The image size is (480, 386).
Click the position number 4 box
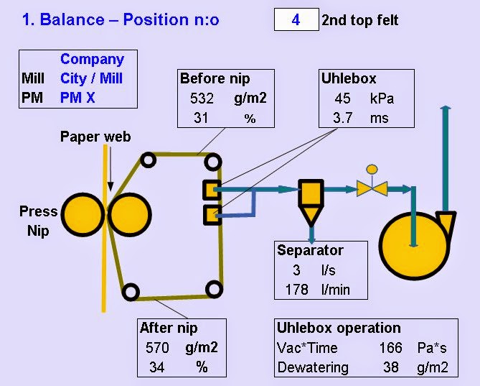pos(296,19)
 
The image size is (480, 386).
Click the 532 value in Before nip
pos(202,99)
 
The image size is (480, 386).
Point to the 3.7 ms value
pos(342,118)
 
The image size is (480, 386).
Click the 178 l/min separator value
pos(296,289)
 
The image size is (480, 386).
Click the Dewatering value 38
pos(391,367)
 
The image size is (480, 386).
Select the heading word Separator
pos(311,250)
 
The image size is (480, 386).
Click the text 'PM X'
pos(77,98)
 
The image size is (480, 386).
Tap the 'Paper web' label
pos(95,137)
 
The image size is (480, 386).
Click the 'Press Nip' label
pos(39,221)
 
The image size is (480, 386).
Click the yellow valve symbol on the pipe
pos(372,188)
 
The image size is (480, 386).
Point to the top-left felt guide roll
pos(147,160)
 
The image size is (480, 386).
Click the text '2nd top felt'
pos(359,20)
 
